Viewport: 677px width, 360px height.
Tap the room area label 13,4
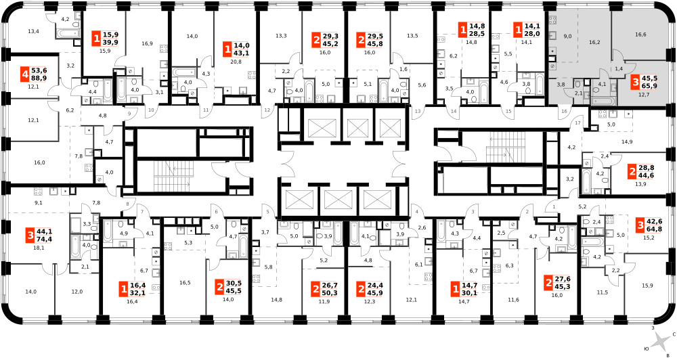point(33,31)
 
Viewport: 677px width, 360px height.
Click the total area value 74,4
point(43,239)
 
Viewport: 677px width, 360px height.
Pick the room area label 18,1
point(39,248)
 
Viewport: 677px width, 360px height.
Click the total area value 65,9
point(649,86)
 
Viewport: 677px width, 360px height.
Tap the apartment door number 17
point(577,123)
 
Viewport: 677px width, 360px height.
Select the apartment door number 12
point(267,110)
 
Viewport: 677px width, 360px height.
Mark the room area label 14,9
point(627,141)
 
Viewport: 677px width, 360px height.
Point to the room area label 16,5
point(185,283)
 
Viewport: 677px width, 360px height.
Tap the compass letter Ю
point(647,348)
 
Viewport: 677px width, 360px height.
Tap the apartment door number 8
point(128,204)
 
